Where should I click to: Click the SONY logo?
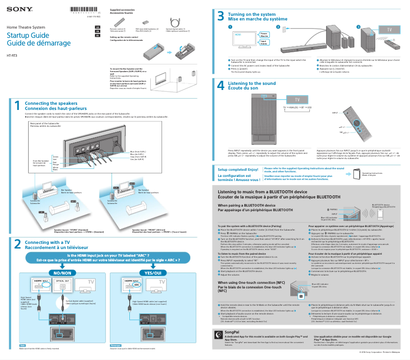[x=18, y=9]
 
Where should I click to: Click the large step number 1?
[x=17, y=105]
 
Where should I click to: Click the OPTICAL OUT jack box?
[x=62, y=281]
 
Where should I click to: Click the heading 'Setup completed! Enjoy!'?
[x=238, y=169]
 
